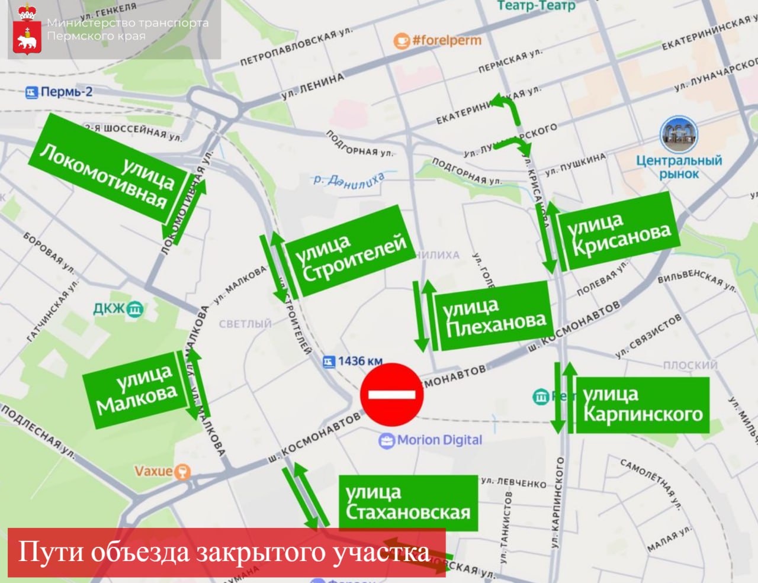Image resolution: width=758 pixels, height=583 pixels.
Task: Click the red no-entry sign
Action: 392,394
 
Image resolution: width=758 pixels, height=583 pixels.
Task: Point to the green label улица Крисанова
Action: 618,231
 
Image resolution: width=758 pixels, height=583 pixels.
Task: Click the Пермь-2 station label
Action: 59,92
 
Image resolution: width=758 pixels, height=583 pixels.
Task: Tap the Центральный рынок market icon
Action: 679,135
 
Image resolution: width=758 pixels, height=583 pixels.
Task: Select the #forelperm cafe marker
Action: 438,41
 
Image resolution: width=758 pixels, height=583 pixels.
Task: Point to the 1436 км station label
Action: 353,361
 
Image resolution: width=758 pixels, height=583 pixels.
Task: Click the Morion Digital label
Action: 431,440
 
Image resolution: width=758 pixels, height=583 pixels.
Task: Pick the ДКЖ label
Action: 118,308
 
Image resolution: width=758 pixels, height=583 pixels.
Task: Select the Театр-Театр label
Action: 535,6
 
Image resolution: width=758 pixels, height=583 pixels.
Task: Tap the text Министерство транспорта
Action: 127,23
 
